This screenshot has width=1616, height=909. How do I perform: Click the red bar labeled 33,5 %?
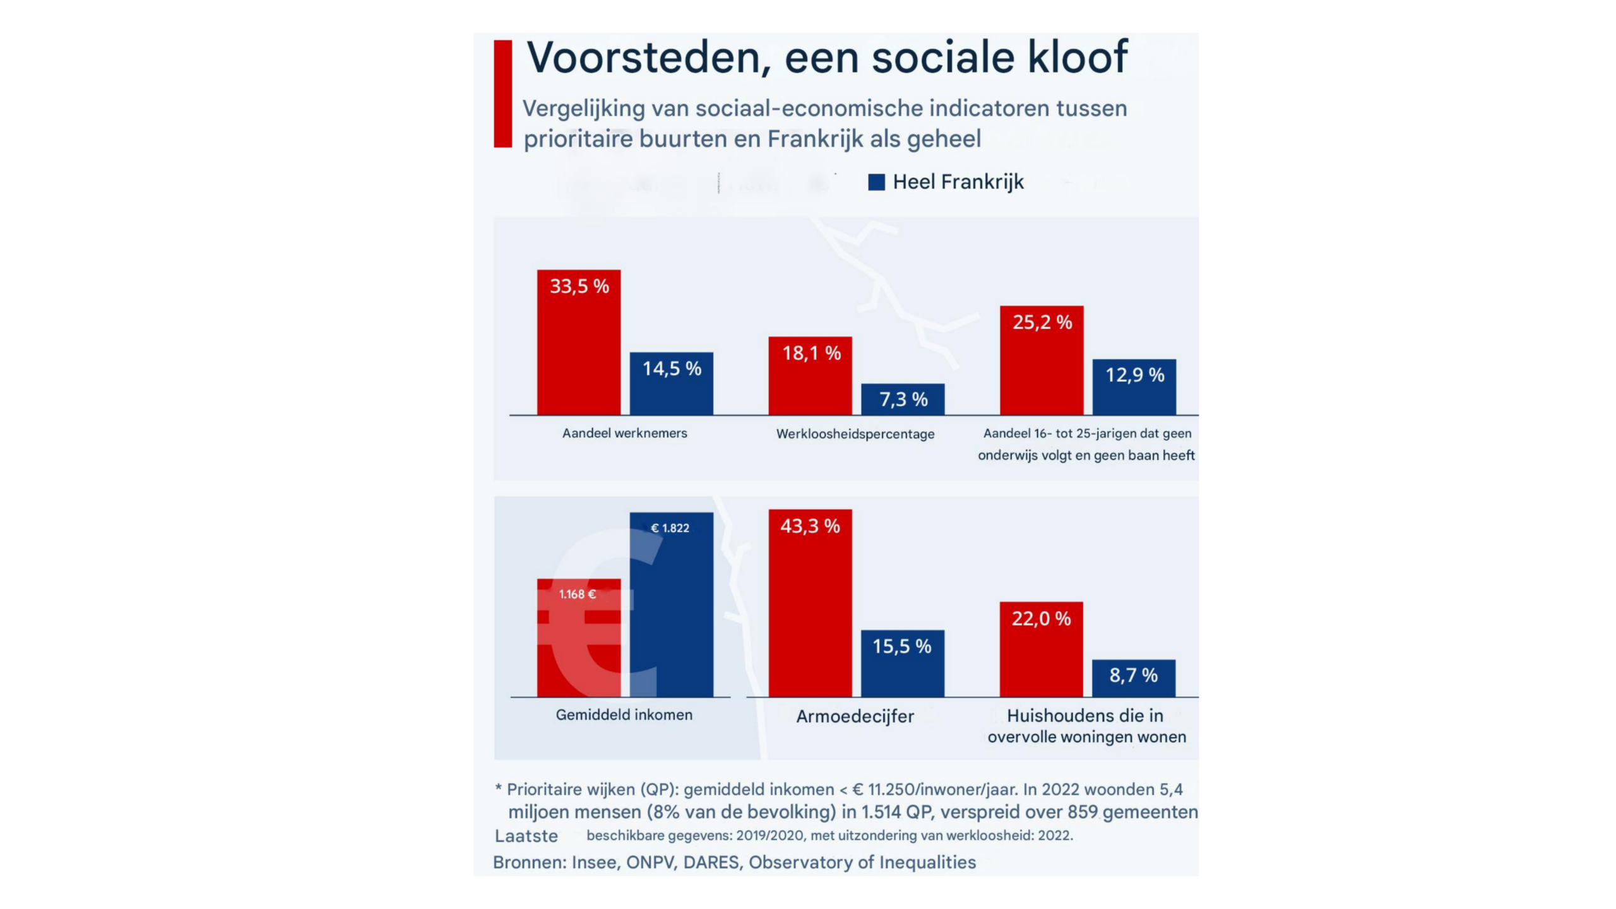coord(578,342)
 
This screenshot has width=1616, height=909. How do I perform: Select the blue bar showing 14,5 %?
coord(672,383)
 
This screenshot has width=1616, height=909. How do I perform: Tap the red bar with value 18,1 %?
coord(810,376)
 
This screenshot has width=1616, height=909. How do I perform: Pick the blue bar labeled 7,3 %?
coord(903,399)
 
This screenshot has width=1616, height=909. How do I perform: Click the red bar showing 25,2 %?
coord(1042,360)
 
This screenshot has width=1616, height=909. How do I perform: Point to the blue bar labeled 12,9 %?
coord(1134,387)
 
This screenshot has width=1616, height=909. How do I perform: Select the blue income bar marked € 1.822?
coord(672,605)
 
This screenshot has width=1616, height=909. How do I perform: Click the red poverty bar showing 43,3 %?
coord(810,603)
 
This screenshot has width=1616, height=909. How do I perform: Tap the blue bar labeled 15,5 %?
coord(903,663)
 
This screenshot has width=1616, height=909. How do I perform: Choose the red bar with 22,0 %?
coord(1041,650)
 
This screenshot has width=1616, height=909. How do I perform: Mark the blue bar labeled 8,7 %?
coord(1134,679)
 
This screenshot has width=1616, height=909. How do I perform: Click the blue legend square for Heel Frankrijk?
coord(876,182)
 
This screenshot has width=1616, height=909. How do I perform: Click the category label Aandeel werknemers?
coord(624,433)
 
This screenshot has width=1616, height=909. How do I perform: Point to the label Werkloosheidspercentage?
coord(855,434)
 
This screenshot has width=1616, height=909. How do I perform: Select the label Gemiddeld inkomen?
coord(624,715)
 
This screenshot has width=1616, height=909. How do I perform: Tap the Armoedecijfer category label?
coord(855,716)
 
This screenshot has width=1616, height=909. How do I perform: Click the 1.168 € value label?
coord(577,594)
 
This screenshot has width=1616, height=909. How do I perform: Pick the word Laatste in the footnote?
coord(526,836)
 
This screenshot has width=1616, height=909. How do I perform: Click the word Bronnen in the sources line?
coord(529,862)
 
